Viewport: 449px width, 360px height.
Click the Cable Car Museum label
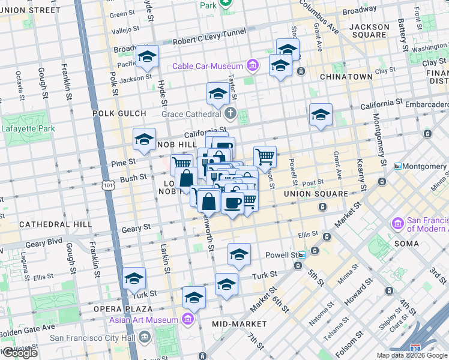[208, 67]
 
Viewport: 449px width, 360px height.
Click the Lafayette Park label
[28, 128]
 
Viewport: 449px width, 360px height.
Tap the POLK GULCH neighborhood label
[119, 113]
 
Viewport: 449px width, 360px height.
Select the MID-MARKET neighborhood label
[235, 323]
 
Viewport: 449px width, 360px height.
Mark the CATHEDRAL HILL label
[55, 224]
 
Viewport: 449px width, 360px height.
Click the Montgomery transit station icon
[397, 166]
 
